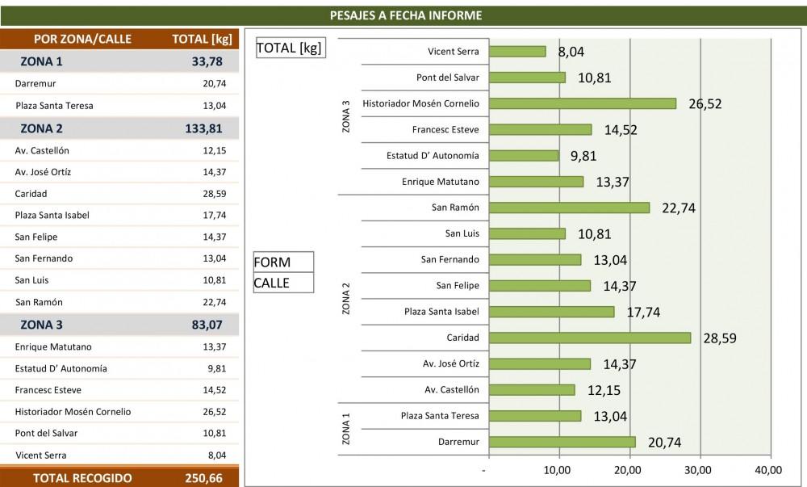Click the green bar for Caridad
(x=589, y=338)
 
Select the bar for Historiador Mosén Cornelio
(x=582, y=103)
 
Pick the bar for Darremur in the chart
(x=562, y=442)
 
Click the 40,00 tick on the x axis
(x=768, y=469)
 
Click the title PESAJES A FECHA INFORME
(x=407, y=15)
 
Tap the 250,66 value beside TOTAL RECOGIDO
(x=203, y=478)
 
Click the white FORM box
(x=282, y=262)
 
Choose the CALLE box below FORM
(x=282, y=283)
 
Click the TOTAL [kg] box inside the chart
(x=289, y=48)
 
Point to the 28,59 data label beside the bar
(x=719, y=338)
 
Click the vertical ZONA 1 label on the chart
(x=346, y=429)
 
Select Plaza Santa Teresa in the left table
(x=54, y=105)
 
